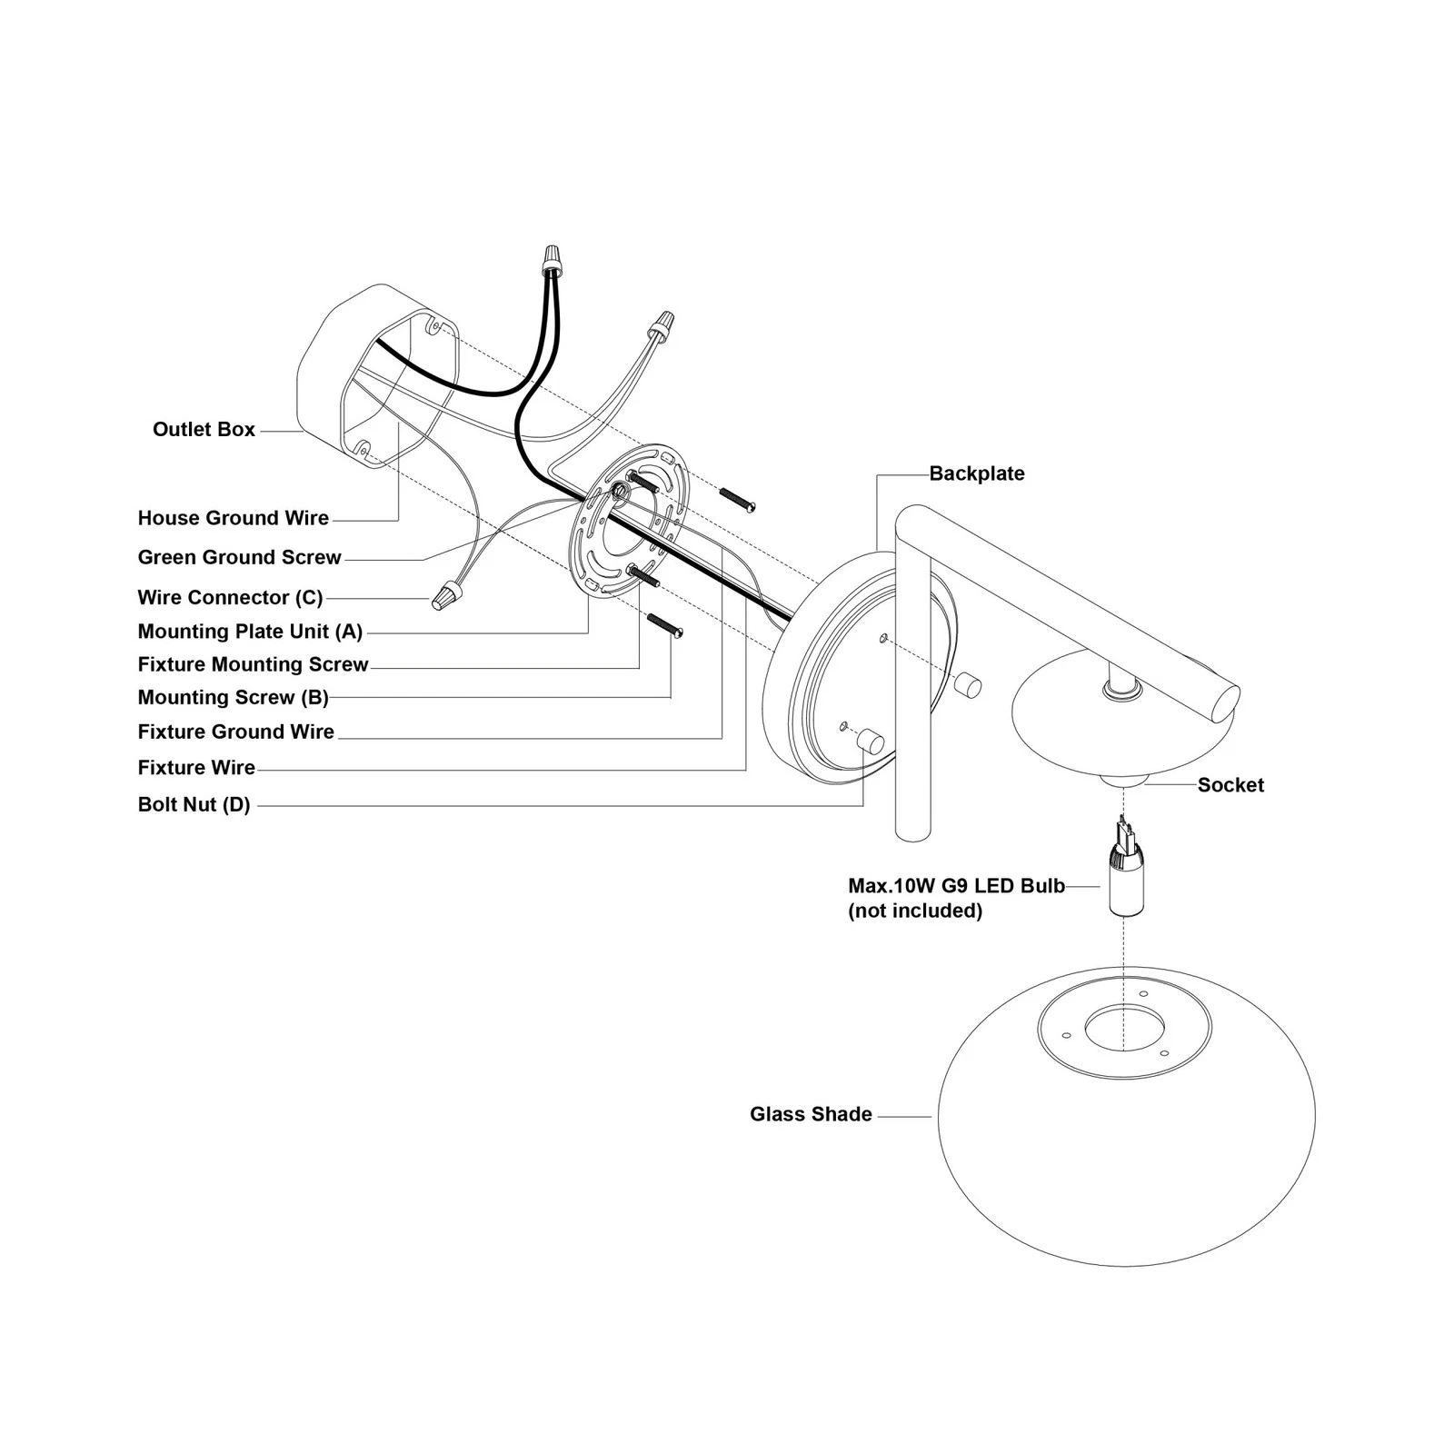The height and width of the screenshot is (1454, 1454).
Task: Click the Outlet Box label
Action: [204, 429]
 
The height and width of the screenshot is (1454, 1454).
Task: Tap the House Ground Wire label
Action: [234, 518]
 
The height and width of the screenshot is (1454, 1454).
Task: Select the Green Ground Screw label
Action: [240, 557]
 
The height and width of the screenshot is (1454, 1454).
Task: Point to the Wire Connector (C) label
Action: [231, 597]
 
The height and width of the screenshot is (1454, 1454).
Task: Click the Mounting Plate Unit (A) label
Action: [250, 631]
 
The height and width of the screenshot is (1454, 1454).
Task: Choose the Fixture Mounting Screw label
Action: [254, 664]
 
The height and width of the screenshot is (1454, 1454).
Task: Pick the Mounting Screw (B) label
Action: [234, 697]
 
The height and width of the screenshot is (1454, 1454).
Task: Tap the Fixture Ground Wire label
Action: [236, 732]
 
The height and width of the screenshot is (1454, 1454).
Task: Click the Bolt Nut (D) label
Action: [194, 804]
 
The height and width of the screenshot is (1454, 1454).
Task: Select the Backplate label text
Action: [977, 473]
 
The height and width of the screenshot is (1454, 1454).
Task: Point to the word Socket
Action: [1230, 785]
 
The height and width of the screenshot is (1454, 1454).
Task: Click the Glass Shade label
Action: [811, 1114]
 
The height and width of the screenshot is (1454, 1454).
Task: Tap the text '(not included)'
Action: [915, 911]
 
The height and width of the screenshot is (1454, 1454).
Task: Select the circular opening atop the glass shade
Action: [1124, 1030]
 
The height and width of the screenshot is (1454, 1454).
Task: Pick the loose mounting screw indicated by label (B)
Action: [664, 626]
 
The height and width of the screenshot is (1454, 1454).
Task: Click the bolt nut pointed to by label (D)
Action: [871, 742]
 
